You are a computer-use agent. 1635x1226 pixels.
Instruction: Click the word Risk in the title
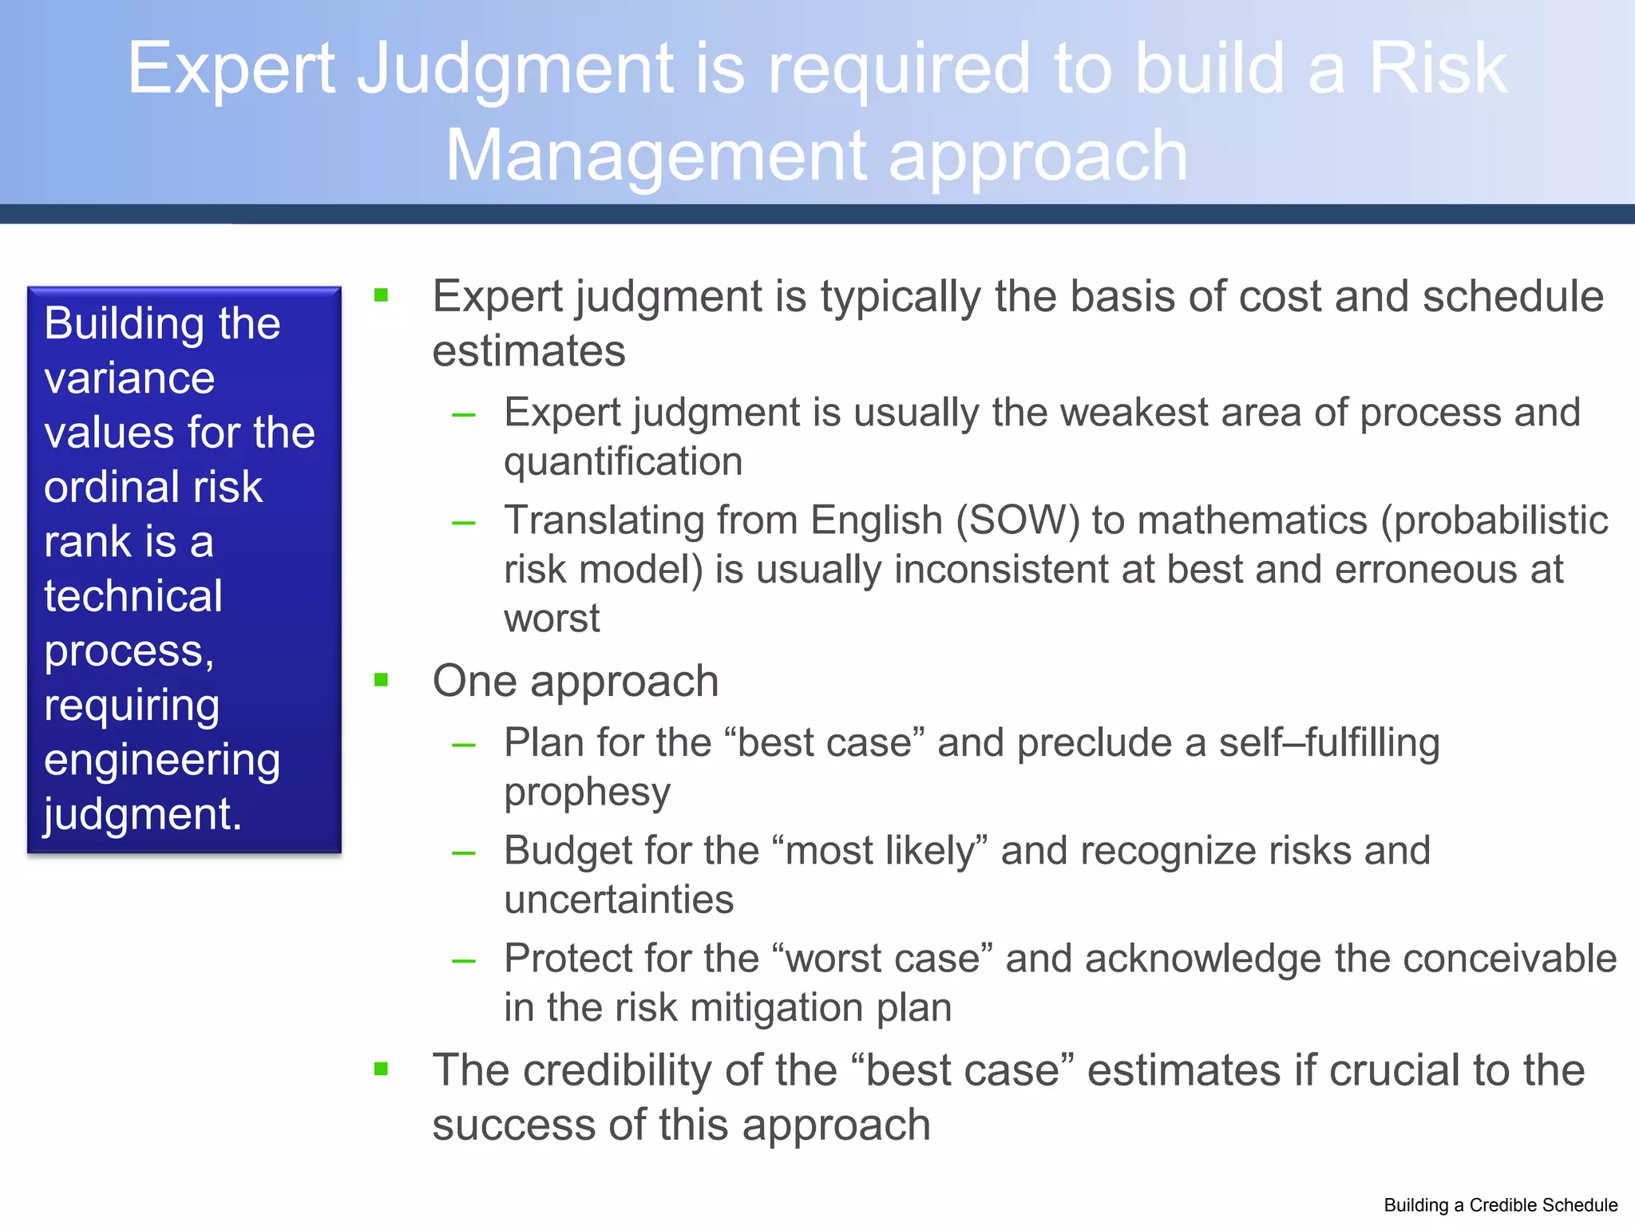pyautogui.click(x=1437, y=69)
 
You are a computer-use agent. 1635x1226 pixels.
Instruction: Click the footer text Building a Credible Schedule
pyautogui.click(x=1500, y=1205)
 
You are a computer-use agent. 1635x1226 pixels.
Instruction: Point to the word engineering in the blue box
pyautogui.click(x=162, y=760)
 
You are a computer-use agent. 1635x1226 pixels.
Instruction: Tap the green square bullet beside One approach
pyautogui.click(x=382, y=680)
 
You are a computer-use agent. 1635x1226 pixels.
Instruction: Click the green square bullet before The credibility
pyautogui.click(x=382, y=1069)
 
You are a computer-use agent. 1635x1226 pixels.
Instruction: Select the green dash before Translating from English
pyautogui.click(x=463, y=524)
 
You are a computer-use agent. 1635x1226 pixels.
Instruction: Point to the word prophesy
pyautogui.click(x=587, y=792)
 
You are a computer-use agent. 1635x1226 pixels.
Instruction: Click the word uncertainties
pyautogui.click(x=619, y=900)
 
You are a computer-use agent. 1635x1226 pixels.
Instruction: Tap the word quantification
pyautogui.click(x=623, y=461)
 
